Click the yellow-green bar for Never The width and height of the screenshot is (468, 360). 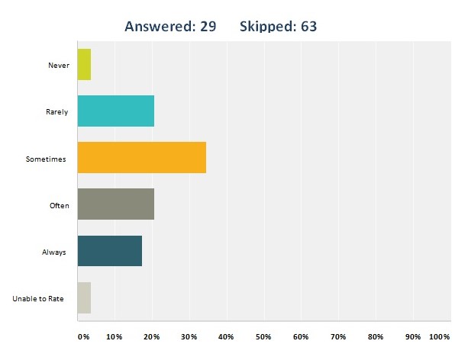point(84,65)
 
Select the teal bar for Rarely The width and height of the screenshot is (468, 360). point(115,111)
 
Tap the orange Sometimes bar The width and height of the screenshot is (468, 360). point(141,158)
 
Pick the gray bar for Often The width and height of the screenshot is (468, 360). point(115,204)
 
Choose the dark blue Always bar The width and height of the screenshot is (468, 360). point(109,251)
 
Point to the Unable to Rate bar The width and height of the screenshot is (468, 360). point(84,297)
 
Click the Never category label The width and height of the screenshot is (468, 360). point(59,66)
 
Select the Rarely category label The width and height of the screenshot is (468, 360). point(56,112)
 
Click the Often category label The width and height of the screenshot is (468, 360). point(59,205)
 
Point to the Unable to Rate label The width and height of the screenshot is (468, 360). point(38,298)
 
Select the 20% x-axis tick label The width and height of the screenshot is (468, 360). point(150,336)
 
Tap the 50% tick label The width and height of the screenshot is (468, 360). point(263,336)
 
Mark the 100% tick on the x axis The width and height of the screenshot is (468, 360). point(440,336)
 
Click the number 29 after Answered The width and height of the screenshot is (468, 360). point(206,27)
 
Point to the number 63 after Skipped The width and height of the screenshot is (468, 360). point(307,27)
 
